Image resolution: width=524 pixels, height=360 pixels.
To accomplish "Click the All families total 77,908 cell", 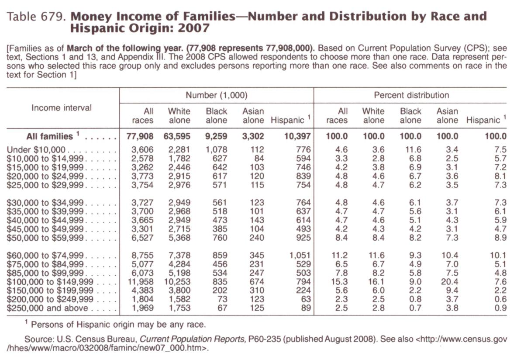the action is (140, 136).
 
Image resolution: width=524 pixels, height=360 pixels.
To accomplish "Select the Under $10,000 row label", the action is (36, 150).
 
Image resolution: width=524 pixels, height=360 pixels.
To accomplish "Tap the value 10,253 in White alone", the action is (177, 282).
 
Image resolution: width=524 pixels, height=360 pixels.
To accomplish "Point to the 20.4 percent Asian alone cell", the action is (449, 282).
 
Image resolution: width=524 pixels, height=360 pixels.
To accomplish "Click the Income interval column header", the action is (61, 108).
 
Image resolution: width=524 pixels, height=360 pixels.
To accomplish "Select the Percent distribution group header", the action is (411, 95).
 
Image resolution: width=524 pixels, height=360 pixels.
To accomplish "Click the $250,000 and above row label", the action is (47, 308).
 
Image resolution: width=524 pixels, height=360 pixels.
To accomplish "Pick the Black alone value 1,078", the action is (216, 150).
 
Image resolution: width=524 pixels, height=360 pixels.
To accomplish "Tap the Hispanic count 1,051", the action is (300, 255).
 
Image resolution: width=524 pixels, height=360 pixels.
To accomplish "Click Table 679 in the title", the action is (36, 17).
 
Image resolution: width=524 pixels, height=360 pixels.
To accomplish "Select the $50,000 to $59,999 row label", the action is (45, 238).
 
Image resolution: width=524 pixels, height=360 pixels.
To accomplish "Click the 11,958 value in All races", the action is (140, 282).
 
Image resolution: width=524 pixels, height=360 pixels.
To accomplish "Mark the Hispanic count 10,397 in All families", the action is (297, 136).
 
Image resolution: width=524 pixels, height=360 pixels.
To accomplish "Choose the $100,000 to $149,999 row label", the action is (50, 282).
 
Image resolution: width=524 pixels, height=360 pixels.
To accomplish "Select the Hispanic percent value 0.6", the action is (500, 299).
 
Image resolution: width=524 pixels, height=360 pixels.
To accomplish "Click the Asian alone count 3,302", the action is (253, 136).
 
